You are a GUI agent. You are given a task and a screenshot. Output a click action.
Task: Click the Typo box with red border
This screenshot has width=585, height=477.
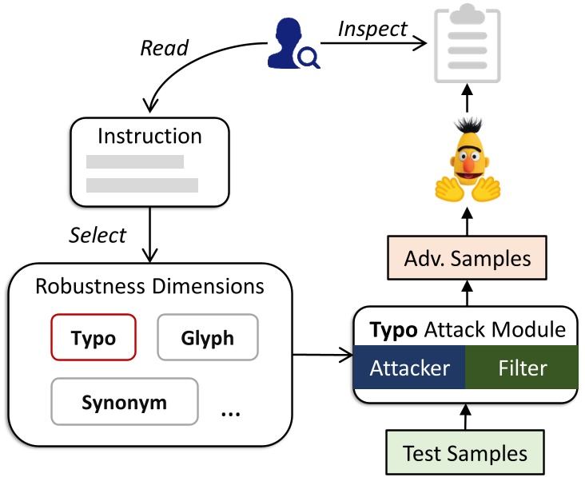tap(94, 338)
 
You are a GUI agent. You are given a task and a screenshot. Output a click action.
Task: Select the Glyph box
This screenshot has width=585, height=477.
tap(208, 338)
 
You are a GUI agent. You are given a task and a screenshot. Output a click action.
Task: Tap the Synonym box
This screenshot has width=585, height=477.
tap(124, 401)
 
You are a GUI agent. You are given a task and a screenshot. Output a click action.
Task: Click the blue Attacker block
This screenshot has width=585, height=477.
tap(409, 368)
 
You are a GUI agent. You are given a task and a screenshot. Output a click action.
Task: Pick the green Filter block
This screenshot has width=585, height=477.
tap(522, 368)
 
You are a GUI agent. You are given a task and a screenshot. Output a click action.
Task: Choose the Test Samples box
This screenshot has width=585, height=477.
tap(464, 454)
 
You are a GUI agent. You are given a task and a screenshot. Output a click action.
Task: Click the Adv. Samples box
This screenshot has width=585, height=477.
tap(464, 258)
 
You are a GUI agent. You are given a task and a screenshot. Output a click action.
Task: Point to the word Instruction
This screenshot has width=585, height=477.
tap(149, 136)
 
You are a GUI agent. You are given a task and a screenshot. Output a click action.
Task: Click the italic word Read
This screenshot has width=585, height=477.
tap(164, 48)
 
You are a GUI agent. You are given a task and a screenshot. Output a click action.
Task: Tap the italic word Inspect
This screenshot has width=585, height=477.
tap(372, 29)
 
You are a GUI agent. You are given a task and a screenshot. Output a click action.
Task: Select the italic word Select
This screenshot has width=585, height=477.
tap(97, 235)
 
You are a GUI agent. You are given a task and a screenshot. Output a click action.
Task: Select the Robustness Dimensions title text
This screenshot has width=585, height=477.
tap(149, 285)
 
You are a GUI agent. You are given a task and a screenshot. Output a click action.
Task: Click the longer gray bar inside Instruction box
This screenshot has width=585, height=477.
tap(142, 185)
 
